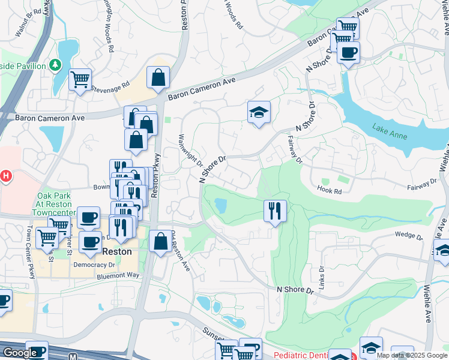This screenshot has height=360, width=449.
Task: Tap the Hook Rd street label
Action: click(330, 191)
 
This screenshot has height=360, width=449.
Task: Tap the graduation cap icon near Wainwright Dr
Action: click(259, 112)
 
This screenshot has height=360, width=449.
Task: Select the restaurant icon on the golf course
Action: click(275, 211)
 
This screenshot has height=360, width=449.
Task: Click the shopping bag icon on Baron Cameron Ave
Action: click(158, 77)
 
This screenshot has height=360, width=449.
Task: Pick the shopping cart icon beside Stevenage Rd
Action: click(80, 80)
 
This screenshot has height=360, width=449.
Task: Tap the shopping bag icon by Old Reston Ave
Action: click(160, 242)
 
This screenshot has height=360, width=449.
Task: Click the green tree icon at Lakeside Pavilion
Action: click(55, 64)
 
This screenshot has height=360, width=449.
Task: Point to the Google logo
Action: click(20, 353)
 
